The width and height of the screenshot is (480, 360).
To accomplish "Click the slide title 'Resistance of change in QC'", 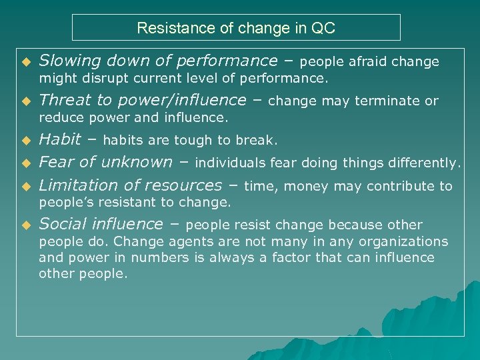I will coord(236,28).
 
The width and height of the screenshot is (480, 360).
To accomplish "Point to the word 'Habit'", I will coord(60,139).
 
